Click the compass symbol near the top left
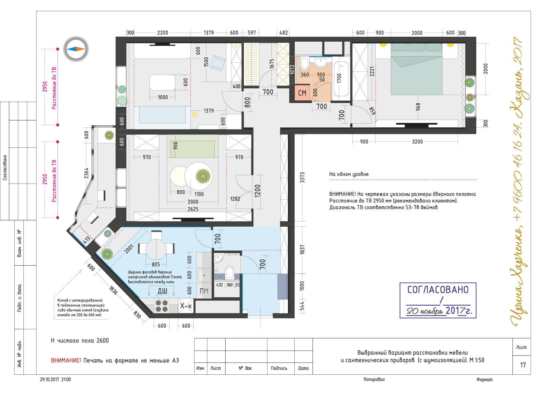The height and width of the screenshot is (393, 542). point(76,49)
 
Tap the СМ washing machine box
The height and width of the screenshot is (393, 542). point(302,92)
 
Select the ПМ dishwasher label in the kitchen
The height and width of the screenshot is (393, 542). point(204,291)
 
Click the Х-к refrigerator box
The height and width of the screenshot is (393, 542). point(186,306)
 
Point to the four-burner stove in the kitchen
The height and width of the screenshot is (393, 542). point(162,306)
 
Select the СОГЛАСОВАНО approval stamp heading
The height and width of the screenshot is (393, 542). point(438,290)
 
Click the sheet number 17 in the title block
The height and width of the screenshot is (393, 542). point(523,365)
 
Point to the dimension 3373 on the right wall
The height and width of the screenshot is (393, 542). point(302,178)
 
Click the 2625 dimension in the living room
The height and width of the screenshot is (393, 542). point(193,209)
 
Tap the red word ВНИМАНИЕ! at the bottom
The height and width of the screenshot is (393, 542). point(66,360)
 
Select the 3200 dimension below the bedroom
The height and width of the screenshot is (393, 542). point(417,142)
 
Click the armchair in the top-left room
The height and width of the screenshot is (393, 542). point(217,63)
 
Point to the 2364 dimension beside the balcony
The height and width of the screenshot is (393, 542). point(86,173)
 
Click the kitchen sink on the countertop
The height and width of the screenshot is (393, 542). point(204,275)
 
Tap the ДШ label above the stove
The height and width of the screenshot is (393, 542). point(162,291)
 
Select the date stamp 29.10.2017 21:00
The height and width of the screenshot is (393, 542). point(56,379)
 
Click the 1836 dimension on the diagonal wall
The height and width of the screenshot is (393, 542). point(113,290)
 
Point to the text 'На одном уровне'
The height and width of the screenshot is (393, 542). point(349,174)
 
